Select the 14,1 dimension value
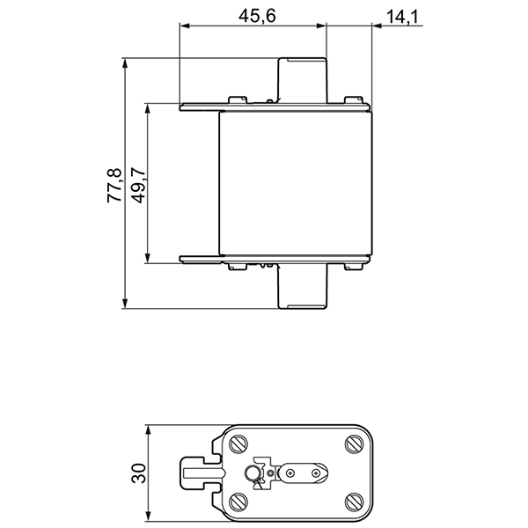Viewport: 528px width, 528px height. [399, 15]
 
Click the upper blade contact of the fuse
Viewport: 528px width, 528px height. [304, 81]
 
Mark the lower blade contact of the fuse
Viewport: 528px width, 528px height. [304, 289]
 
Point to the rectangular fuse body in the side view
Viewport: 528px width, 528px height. [296, 185]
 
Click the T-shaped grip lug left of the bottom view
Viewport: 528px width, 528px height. [199, 473]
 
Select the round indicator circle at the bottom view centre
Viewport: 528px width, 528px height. [253, 474]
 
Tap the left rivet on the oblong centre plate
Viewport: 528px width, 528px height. [290, 473]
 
